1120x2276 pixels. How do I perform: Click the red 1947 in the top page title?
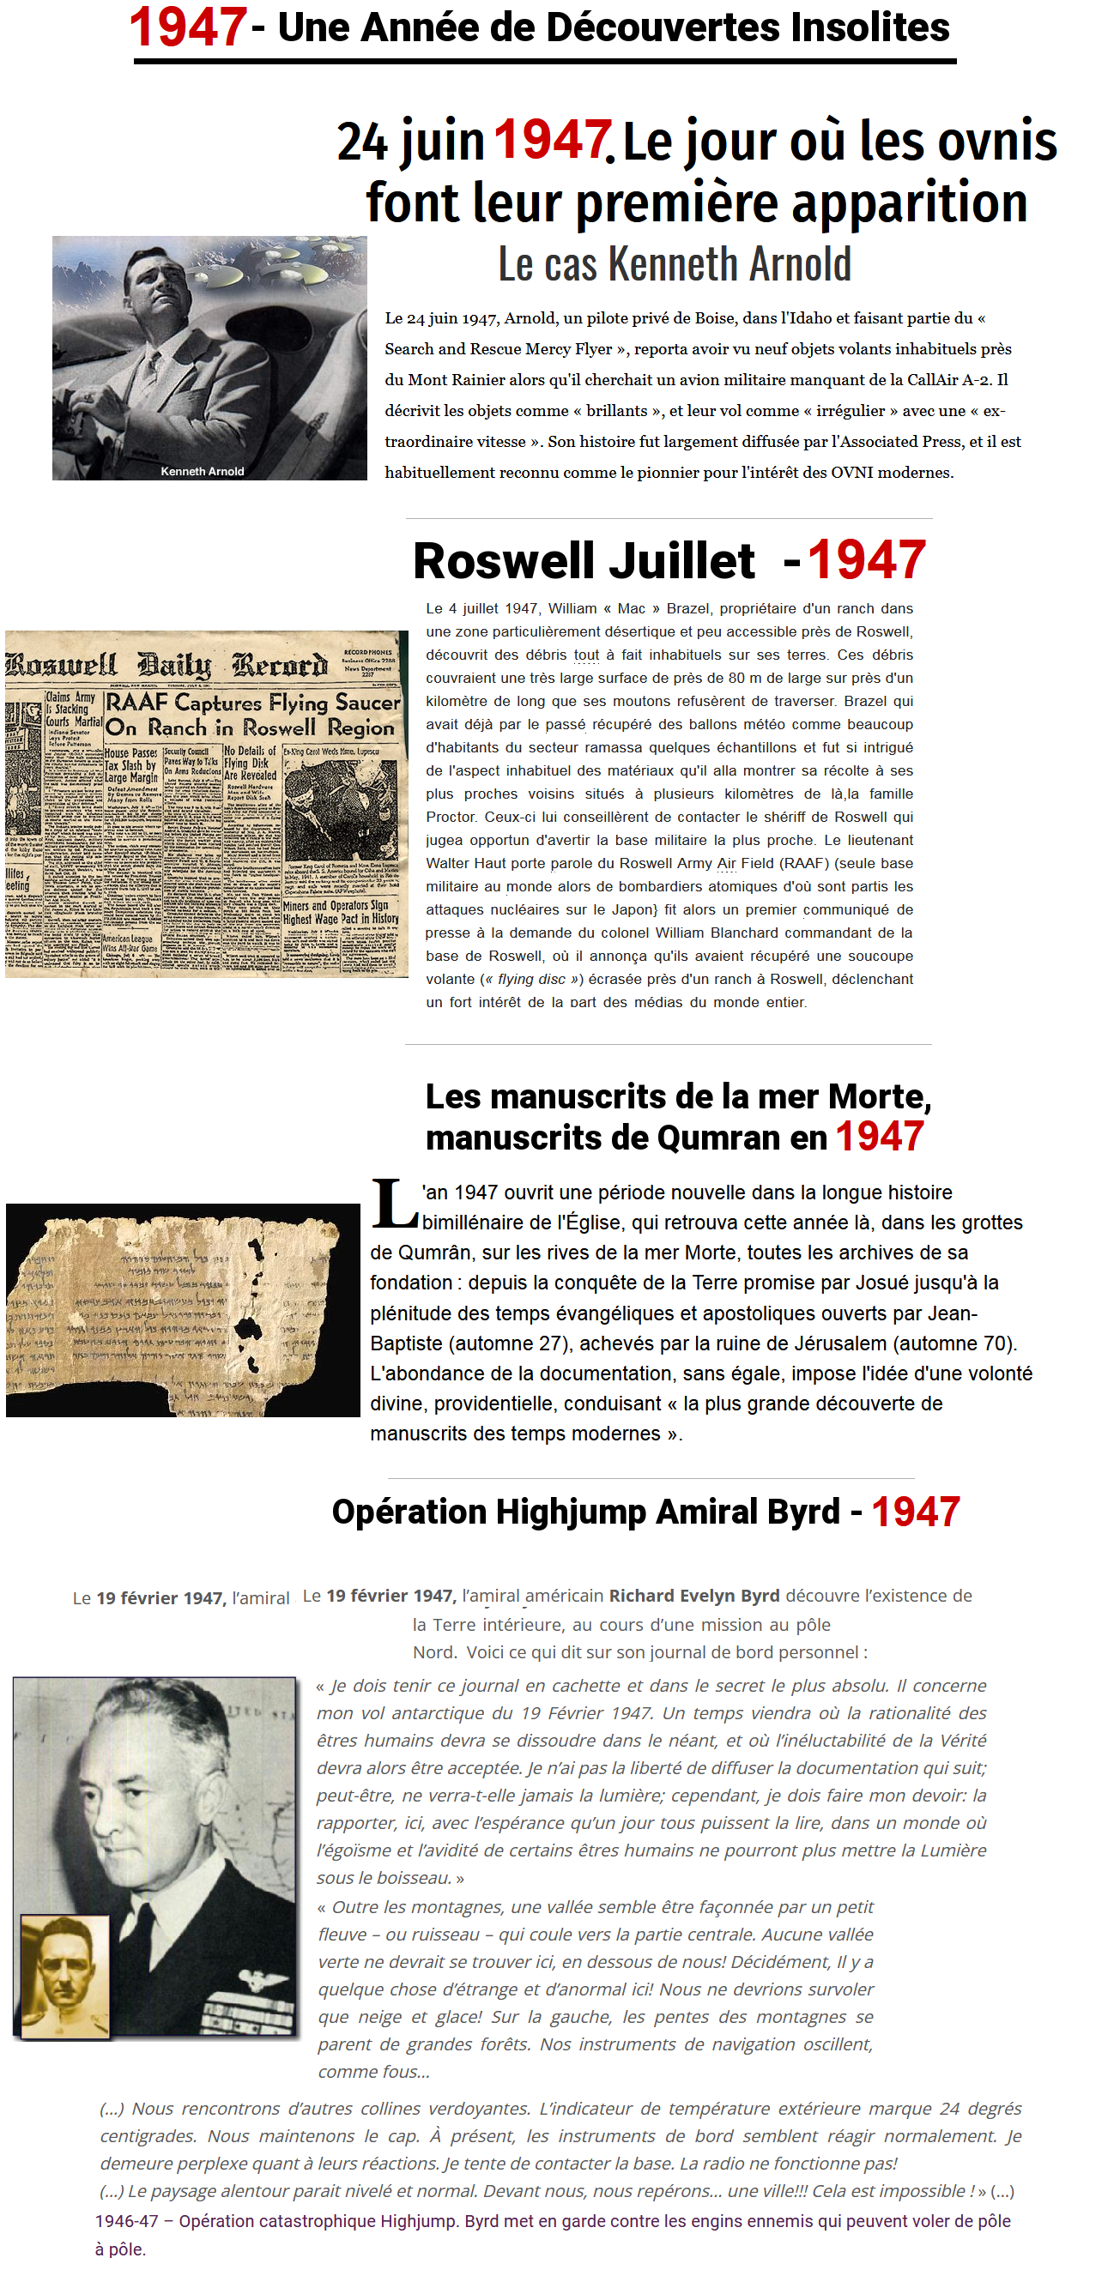click(x=187, y=27)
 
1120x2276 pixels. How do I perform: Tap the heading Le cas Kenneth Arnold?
click(x=674, y=264)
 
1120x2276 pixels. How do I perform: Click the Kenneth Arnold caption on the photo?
click(x=203, y=472)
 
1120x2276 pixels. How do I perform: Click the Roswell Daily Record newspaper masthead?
click(x=168, y=664)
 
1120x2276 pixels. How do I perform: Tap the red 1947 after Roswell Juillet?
click(x=866, y=560)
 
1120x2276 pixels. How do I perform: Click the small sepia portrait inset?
click(x=64, y=1976)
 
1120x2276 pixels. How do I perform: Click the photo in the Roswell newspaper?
click(x=342, y=809)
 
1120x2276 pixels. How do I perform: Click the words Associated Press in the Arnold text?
click(x=891, y=442)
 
